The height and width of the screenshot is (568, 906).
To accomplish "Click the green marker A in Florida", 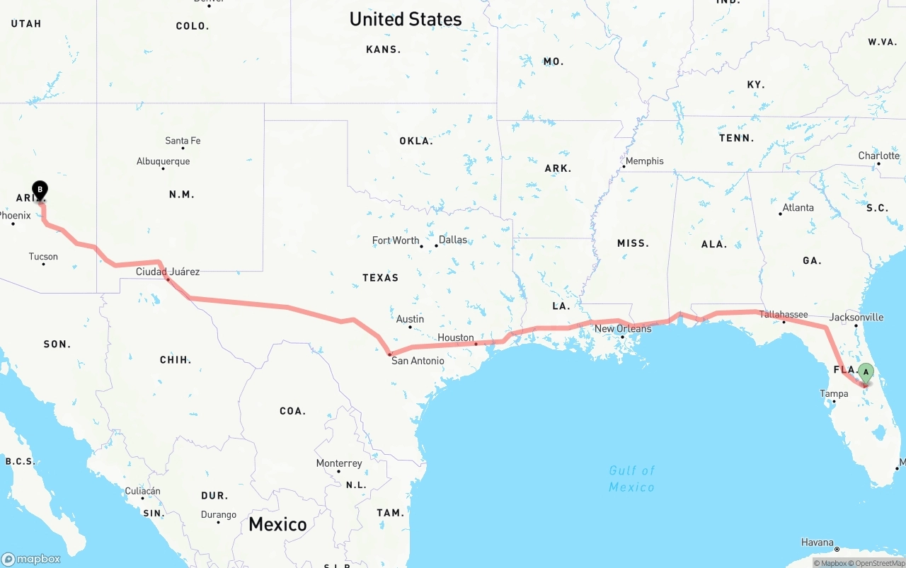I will pos(866,373).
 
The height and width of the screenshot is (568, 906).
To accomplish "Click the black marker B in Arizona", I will pos(40,190).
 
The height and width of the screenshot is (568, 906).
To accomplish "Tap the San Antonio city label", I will pos(418,361).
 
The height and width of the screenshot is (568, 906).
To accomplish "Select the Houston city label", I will pos(455,337).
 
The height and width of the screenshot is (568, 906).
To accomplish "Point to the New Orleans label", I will pos(623,329).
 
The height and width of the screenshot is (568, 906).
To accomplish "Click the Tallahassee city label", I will pos(784,314).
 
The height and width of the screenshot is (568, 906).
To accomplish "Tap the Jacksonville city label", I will pos(856,317).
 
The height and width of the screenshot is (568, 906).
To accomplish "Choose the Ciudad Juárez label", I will pos(168,272).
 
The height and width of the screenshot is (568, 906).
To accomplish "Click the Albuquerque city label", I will pos(163,161).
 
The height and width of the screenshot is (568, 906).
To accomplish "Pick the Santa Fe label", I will pos(183,141).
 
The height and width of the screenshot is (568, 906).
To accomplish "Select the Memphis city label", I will pos(644,161).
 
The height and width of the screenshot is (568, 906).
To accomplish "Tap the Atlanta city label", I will pos(798,207).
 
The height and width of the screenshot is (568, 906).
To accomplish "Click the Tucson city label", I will pos(43,257).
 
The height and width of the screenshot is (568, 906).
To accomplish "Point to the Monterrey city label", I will pos(339,463).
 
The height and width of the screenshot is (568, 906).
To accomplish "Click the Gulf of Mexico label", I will pos(632,478).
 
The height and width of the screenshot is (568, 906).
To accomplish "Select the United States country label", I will pos(406,19).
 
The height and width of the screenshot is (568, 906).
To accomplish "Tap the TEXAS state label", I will pos(381,277).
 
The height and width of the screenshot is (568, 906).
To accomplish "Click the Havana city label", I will pos(817,543).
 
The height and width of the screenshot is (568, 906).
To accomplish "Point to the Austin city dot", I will pos(410,327).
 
